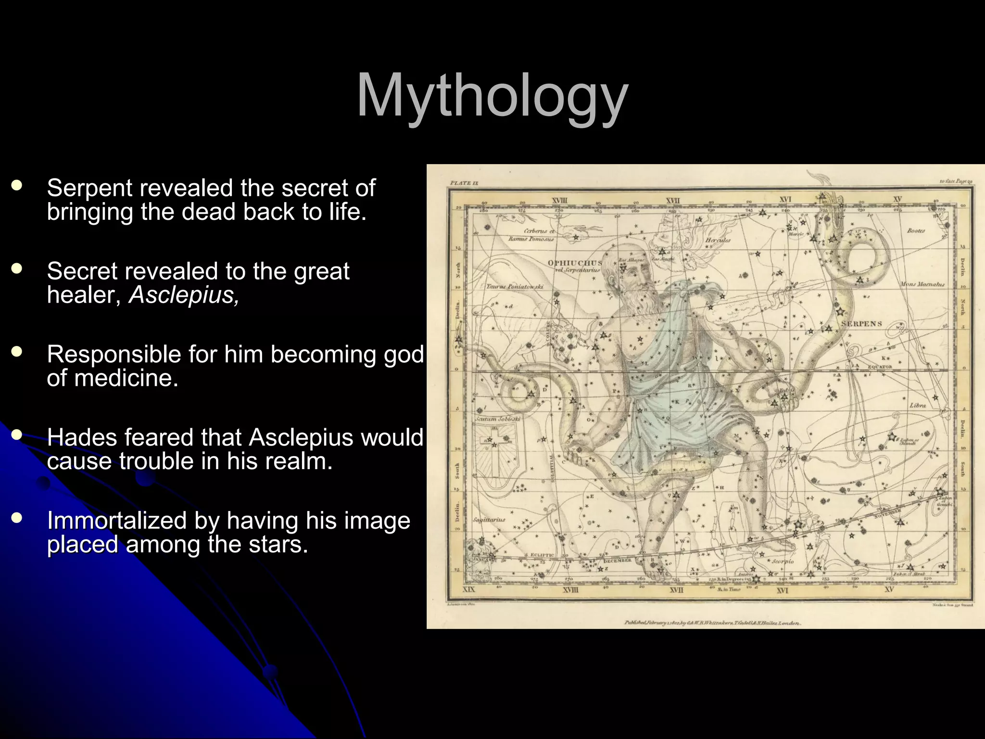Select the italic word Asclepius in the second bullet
coord(183,294)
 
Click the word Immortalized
coord(130,521)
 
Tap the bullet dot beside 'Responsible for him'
coord(17,352)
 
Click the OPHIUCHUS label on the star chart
coord(575,263)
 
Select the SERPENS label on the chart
coord(861,324)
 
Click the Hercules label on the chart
coord(718,240)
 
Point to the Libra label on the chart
coord(918,405)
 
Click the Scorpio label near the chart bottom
coord(783,561)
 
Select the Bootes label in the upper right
coord(916,230)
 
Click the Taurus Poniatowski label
coord(515,286)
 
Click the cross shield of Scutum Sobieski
coord(494,452)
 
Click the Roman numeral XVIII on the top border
coord(559,200)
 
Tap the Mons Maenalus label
coord(922,284)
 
